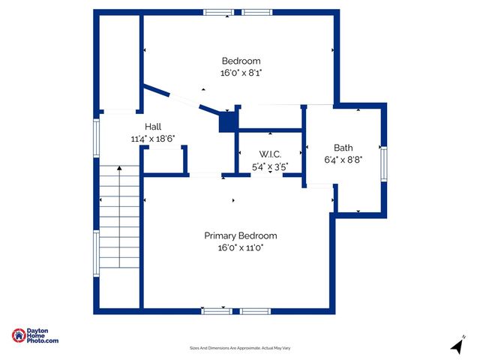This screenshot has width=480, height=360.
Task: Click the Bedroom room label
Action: coord(241,61)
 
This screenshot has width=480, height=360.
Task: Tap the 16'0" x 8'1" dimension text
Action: coord(241,73)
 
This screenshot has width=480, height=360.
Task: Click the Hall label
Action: coord(153,127)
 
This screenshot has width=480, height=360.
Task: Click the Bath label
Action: coord(343,148)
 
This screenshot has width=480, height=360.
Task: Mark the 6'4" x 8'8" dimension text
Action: coord(343,160)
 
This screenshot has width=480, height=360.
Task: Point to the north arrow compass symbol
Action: coord(456,346)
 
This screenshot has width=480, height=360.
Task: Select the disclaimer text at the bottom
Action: coord(240,348)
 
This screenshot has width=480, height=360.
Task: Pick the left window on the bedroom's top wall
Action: coord(218,12)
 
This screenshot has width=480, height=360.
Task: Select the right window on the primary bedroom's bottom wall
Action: coord(255,310)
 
